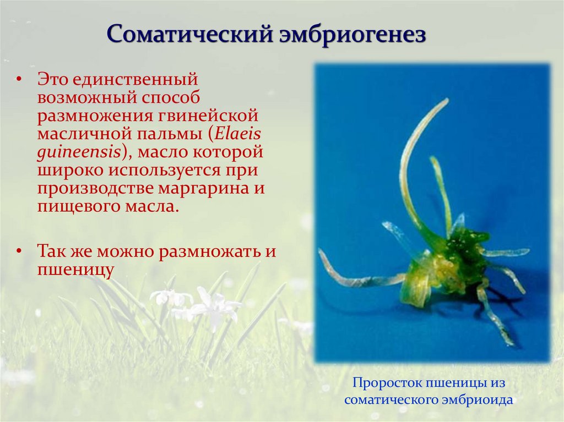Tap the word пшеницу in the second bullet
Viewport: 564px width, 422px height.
(75, 270)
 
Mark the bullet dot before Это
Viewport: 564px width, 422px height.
(19, 80)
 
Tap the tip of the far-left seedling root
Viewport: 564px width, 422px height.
(321, 252)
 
